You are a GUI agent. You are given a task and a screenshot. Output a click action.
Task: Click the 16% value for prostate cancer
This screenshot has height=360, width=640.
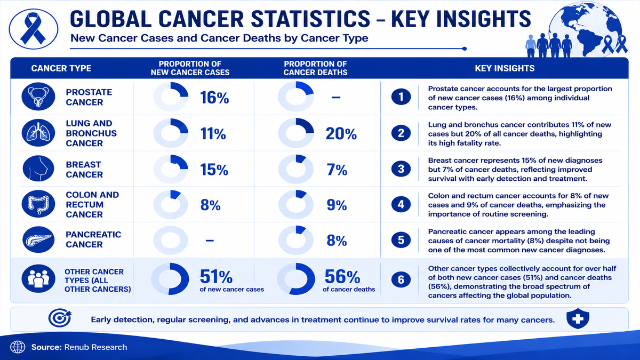point(214,98)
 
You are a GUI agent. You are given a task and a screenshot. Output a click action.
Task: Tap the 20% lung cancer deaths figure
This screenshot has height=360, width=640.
point(341,134)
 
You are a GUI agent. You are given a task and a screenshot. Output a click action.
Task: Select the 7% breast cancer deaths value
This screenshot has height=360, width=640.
point(337,170)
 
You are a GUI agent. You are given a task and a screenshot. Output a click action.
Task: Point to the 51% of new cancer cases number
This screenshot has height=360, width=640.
point(216,276)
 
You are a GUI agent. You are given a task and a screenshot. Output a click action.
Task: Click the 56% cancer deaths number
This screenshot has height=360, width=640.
point(342,276)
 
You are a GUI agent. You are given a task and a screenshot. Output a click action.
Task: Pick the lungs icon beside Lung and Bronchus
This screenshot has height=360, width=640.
point(38,133)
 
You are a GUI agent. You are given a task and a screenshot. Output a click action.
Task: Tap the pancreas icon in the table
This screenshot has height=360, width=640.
point(38,239)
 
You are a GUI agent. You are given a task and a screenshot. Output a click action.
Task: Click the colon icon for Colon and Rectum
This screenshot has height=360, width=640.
point(38,204)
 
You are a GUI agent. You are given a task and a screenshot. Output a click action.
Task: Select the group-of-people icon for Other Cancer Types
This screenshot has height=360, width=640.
point(38,278)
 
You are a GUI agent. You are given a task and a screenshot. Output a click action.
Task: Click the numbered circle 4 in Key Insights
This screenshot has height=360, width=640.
point(401,204)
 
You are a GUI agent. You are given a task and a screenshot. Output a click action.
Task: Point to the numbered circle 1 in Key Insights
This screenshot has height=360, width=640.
point(401,97)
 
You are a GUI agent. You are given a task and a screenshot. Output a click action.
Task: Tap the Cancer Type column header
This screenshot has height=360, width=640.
point(61,68)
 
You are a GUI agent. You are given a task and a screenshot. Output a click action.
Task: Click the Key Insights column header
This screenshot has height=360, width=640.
point(505,68)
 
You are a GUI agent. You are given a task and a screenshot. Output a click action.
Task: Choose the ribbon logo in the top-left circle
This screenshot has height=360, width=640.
point(33,29)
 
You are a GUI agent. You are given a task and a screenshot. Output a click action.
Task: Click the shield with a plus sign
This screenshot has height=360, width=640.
point(578,318)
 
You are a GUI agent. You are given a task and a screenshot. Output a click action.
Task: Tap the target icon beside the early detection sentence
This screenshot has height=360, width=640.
point(59,318)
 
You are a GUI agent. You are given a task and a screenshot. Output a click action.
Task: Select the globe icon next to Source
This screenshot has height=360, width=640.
point(18,347)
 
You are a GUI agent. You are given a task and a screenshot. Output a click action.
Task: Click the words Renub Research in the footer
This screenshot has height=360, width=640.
point(95,347)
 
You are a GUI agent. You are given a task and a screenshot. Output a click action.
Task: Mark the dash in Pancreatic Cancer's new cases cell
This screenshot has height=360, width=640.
point(210,241)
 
